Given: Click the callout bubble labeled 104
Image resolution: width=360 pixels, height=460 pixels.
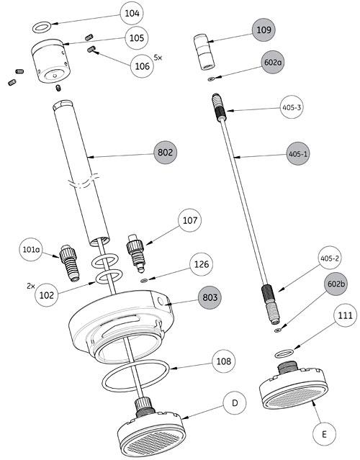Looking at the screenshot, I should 132,13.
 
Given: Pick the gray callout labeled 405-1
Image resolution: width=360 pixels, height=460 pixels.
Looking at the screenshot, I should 298,154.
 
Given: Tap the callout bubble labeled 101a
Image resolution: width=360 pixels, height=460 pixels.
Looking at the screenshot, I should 31,251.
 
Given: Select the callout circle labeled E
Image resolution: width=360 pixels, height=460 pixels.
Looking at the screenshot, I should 324,434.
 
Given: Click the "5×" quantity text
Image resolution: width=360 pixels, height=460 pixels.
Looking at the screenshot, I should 159,56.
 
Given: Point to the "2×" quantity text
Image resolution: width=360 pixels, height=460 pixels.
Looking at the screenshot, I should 31,286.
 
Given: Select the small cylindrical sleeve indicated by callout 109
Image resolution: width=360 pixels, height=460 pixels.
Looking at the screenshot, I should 202,51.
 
